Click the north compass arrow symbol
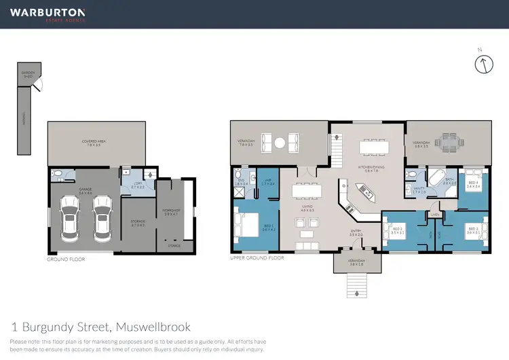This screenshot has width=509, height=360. click(483, 65)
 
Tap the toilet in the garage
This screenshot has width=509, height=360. click(58, 175)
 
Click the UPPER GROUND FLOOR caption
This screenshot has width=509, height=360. click(257, 259)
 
